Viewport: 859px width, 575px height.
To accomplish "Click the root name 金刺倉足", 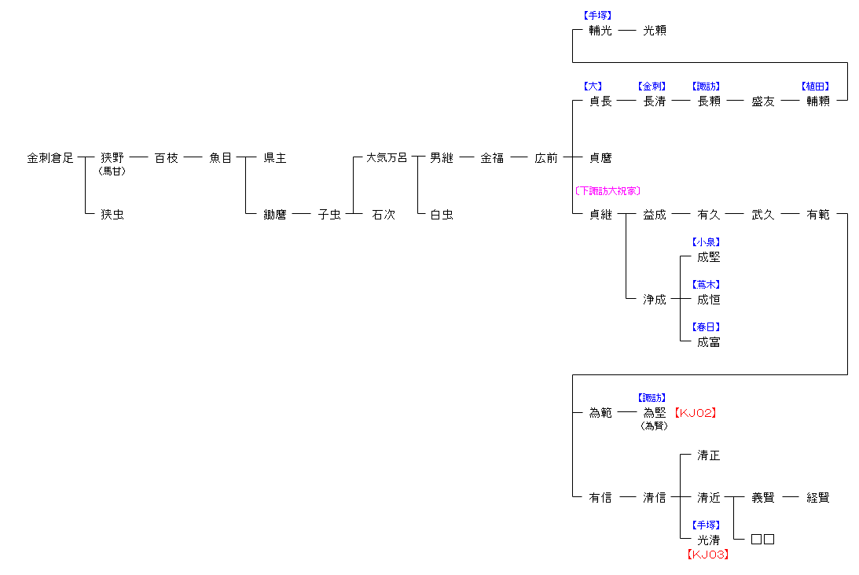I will pyautogui.click(x=50, y=158).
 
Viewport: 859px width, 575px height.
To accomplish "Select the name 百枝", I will pyautogui.click(x=167, y=158).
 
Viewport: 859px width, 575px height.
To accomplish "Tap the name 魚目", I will pyautogui.click(x=221, y=158).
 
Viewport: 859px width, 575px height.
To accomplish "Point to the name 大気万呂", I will pyautogui.click(x=387, y=158).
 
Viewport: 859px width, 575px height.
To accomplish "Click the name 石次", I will pyautogui.click(x=384, y=215).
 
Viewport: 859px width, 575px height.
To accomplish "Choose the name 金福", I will pyautogui.click(x=493, y=158).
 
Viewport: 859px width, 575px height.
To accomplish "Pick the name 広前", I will pyautogui.click(x=546, y=158).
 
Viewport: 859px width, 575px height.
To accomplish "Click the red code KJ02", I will pyautogui.click(x=696, y=412).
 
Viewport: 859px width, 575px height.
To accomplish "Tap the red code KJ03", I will pyautogui.click(x=708, y=555).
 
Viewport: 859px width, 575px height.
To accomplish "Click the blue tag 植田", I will pyautogui.click(x=815, y=87).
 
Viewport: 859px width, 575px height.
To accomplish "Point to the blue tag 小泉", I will pyautogui.click(x=706, y=242).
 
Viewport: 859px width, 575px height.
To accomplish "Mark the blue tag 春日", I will pyautogui.click(x=706, y=327).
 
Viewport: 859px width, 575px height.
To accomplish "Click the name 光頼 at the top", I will pyautogui.click(x=655, y=31).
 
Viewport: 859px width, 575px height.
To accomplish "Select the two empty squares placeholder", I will pyautogui.click(x=763, y=540).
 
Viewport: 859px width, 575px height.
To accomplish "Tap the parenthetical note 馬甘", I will pyautogui.click(x=112, y=171).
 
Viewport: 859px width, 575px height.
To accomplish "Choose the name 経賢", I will pyautogui.click(x=818, y=498).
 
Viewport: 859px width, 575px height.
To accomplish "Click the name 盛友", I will pyautogui.click(x=763, y=101).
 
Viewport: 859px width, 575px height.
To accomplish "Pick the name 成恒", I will pyautogui.click(x=709, y=300).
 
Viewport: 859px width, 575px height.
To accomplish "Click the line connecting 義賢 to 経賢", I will pyautogui.click(x=791, y=498).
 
